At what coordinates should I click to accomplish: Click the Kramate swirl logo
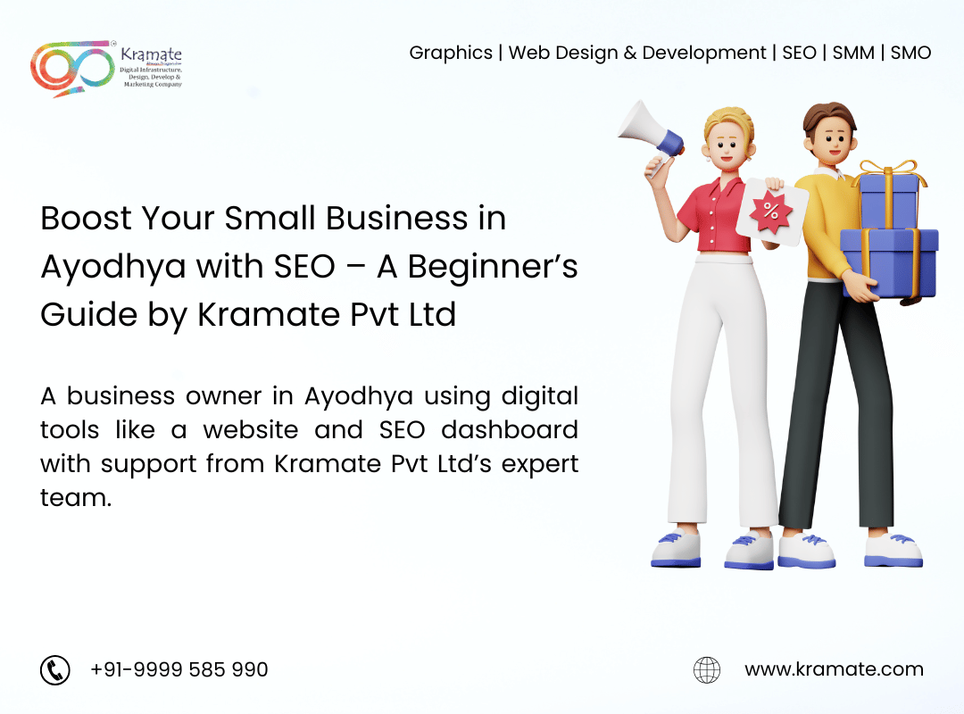tap(72, 68)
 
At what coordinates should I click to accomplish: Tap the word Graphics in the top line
tap(451, 54)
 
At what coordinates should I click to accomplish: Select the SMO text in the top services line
tap(910, 53)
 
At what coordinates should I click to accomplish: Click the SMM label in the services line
tap(853, 53)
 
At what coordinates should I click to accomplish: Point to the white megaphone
tap(651, 132)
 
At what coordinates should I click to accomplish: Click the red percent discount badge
tap(771, 211)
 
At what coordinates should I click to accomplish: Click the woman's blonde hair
tap(728, 123)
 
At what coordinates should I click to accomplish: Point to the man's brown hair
tap(830, 116)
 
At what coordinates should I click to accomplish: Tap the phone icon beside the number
tap(55, 669)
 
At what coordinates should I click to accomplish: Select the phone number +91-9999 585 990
tap(179, 669)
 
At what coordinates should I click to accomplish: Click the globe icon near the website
tap(707, 669)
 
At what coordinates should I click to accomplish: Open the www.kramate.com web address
tap(834, 669)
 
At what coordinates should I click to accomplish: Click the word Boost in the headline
tap(86, 219)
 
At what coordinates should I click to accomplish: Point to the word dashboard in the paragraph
tap(510, 430)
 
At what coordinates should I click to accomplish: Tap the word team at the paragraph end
tap(76, 497)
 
